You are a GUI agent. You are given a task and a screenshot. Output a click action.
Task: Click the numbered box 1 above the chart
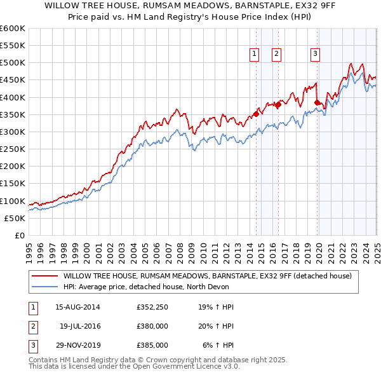254,55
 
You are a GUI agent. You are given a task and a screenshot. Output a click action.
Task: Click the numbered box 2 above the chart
277,55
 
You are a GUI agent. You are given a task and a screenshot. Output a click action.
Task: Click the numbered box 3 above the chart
315,55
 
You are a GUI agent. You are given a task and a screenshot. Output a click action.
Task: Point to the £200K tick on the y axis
12,166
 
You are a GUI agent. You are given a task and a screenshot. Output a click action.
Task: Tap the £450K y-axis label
12,80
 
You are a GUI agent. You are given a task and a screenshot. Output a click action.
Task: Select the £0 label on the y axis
20,235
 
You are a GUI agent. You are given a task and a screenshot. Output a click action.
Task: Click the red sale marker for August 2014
256,114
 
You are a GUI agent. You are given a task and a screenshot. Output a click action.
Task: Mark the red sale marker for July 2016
278,104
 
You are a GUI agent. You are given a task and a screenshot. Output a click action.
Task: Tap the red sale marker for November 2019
317,102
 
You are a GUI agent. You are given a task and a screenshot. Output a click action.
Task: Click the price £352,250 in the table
151,308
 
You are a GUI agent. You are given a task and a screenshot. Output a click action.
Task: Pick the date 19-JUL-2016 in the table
80,327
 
